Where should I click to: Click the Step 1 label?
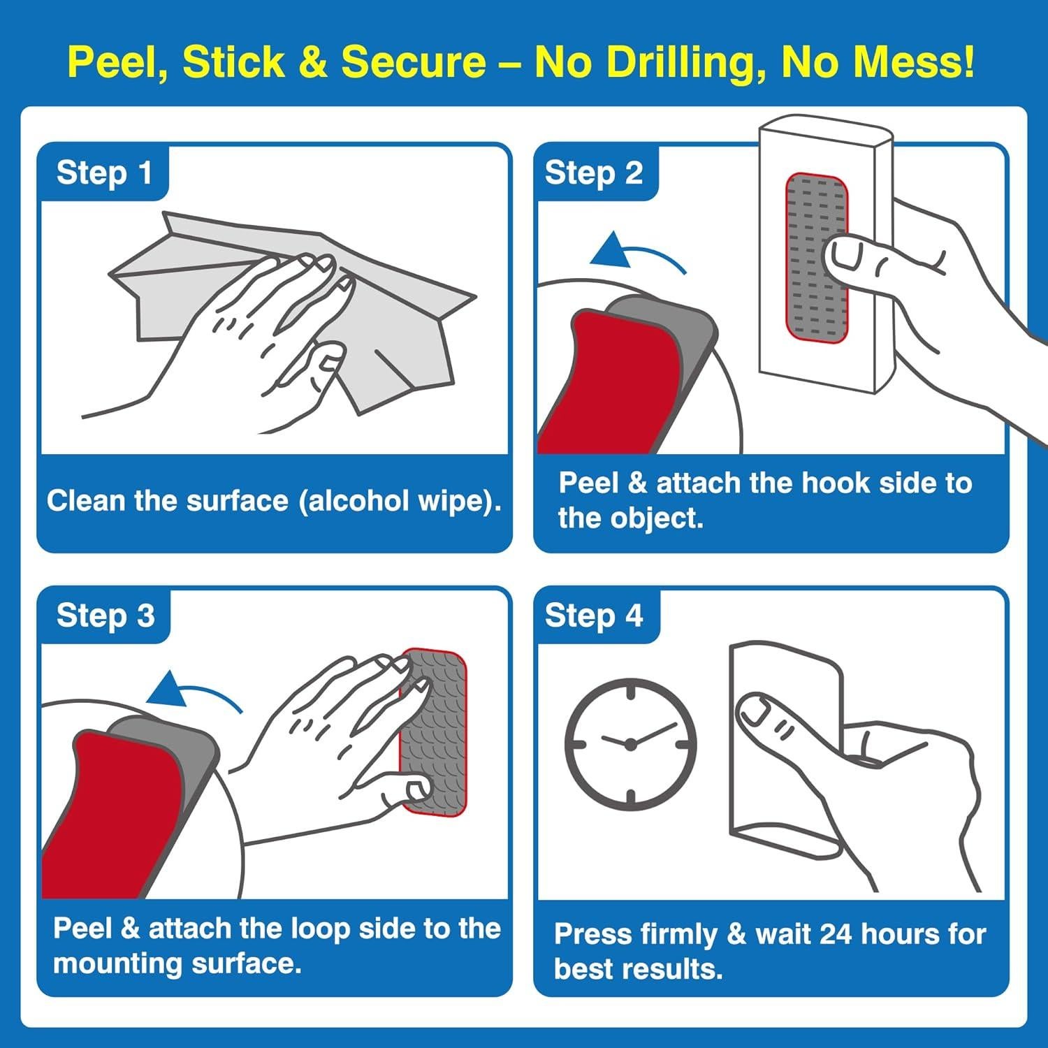coord(104,173)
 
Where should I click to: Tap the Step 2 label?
coord(593,173)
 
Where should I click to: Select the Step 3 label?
coord(105,616)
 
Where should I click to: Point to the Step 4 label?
coord(593,616)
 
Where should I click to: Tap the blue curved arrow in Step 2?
coord(639,252)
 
